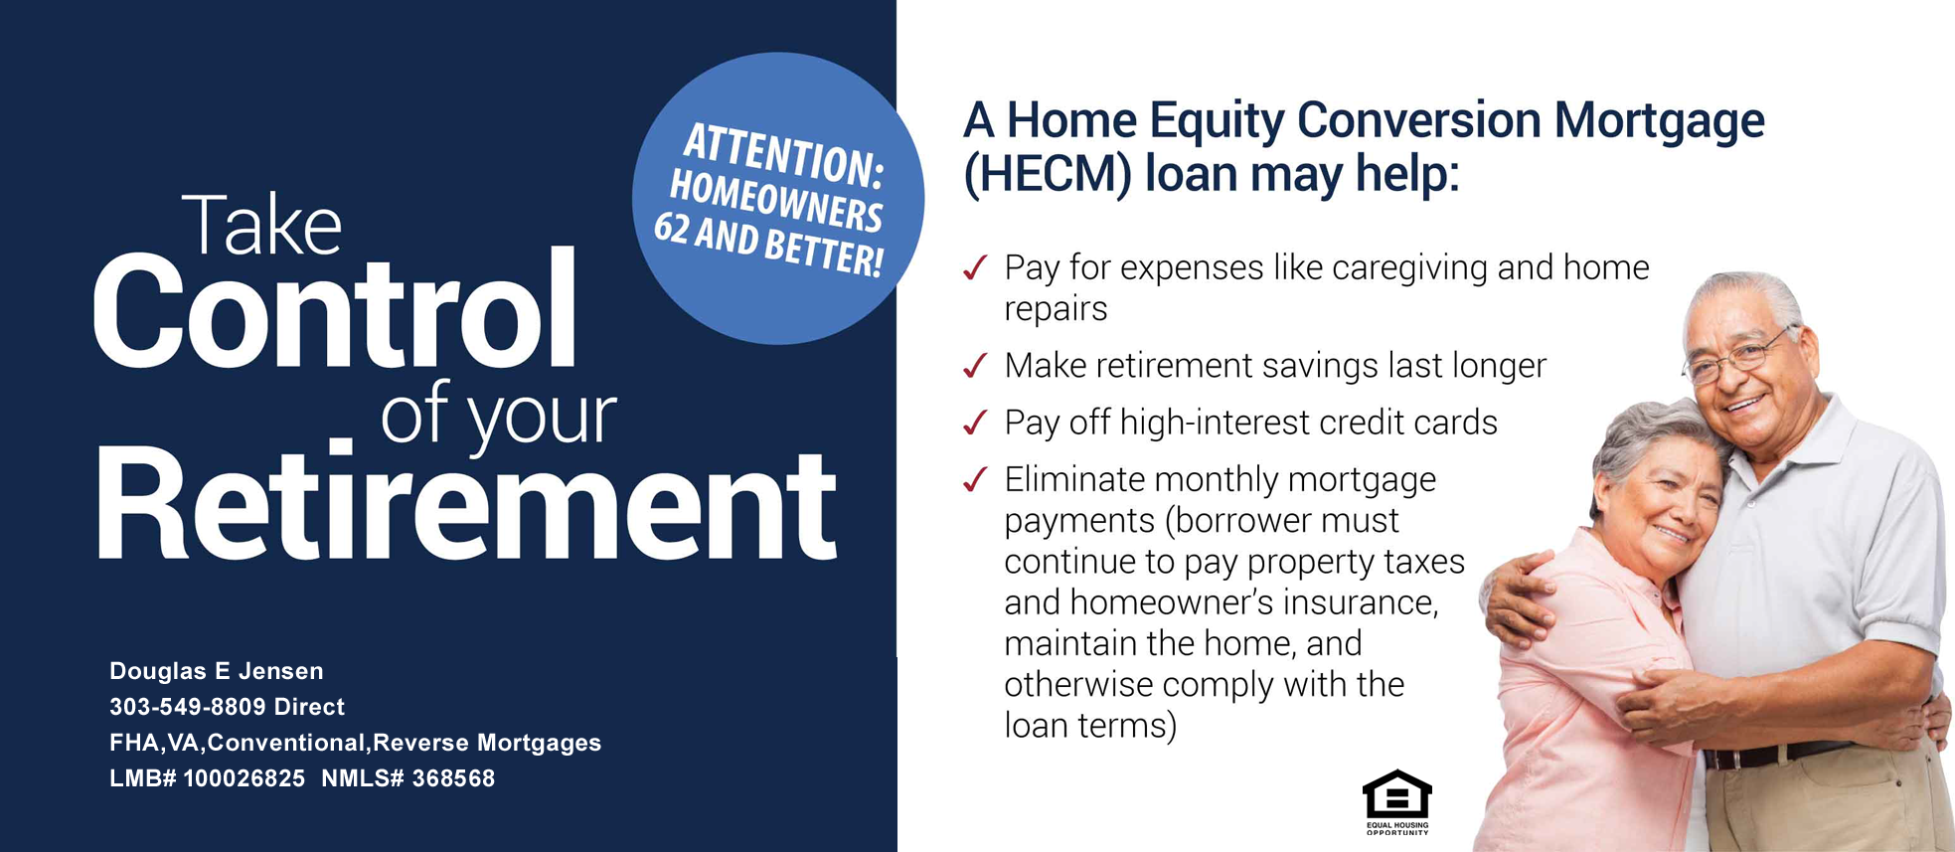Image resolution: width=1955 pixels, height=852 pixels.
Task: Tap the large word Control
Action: pyautogui.click(x=335, y=310)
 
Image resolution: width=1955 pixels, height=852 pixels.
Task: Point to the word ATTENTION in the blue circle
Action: pyautogui.click(x=783, y=155)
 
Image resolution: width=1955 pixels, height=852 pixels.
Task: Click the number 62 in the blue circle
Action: pyautogui.click(x=672, y=228)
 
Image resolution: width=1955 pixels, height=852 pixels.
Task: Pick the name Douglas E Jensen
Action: pyautogui.click(x=217, y=671)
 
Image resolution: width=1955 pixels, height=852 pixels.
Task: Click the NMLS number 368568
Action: pyautogui.click(x=453, y=778)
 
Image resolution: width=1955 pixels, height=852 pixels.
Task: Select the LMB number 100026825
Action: pyautogui.click(x=244, y=778)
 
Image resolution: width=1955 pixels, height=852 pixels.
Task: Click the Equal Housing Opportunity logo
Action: pyautogui.click(x=1396, y=801)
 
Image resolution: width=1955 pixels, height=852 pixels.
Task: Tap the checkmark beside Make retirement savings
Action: pyautogui.click(x=975, y=366)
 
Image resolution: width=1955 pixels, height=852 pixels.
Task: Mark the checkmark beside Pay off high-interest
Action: pyautogui.click(x=975, y=423)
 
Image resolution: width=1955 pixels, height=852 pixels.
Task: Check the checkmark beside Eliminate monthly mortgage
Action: pyautogui.click(x=975, y=479)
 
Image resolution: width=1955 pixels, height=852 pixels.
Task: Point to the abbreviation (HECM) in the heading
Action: pyautogui.click(x=1048, y=174)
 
